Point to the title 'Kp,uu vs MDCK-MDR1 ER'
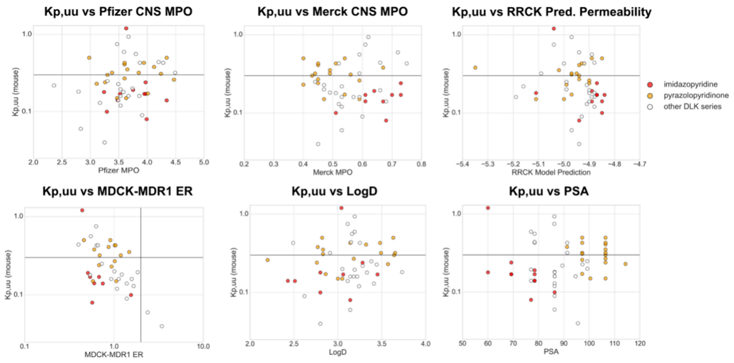tap(114, 191)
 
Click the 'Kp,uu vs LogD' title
tap(335, 191)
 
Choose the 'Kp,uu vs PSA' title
tap(546, 191)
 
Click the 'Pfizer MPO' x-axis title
tap(118, 171)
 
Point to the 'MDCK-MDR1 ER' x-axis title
tap(114, 354)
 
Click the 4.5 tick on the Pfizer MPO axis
tap(175, 163)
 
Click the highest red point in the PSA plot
tap(488, 208)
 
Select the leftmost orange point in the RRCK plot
tap(475, 67)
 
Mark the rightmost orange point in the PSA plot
tap(625, 264)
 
